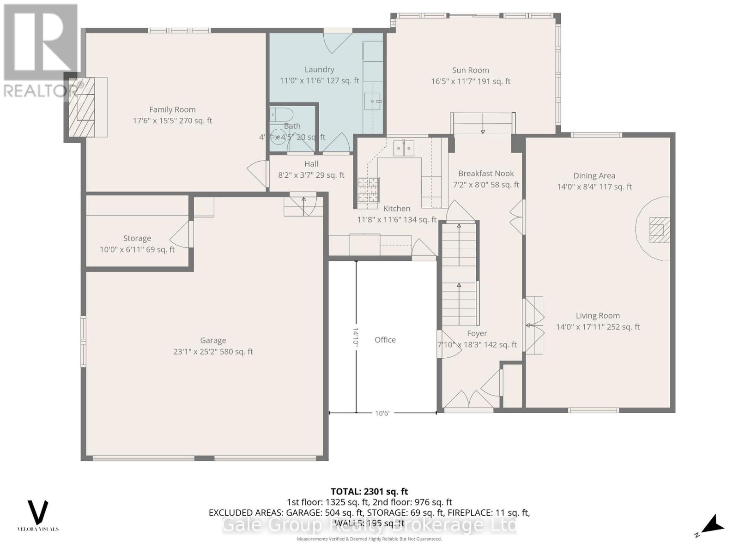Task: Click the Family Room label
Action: (172, 109)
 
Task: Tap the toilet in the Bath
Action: (280, 114)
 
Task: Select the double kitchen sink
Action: (404, 148)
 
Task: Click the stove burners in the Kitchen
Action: (368, 190)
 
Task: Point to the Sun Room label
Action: (470, 70)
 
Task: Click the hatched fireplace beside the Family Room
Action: (82, 107)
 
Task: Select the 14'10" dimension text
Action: (356, 336)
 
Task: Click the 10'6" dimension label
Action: (382, 413)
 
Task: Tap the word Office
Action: (385, 340)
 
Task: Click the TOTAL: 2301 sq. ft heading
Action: (369, 492)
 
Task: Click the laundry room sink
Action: (372, 101)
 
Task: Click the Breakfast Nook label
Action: (486, 174)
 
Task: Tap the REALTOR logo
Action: (41, 51)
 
